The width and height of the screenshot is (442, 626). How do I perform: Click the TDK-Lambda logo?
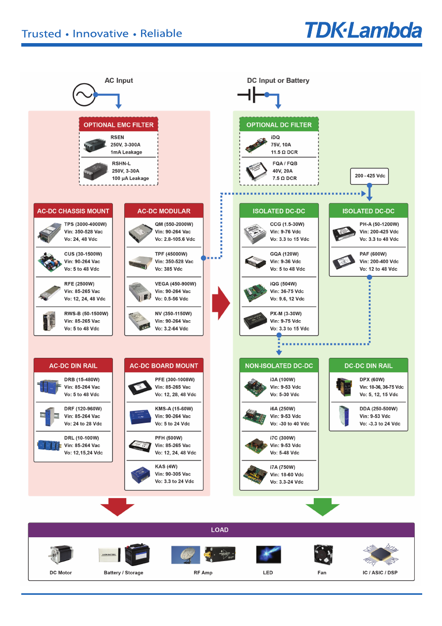coord(363,31)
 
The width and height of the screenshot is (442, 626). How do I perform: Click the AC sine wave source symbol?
coord(84,94)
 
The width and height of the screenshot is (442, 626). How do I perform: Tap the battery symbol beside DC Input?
coord(252,94)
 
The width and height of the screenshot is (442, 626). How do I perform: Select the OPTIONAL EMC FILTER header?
coord(118,124)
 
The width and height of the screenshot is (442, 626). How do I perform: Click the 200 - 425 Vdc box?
coord(370,176)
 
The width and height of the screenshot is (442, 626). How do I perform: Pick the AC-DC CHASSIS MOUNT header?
coord(73,211)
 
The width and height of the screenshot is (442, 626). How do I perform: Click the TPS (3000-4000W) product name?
coord(85,224)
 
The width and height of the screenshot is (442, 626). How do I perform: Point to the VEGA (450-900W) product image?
coord(140,291)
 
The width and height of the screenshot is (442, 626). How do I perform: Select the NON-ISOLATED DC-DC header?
coord(279,366)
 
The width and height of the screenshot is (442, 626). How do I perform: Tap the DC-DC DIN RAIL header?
coord(368,366)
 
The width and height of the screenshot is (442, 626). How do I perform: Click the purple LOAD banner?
coord(221,530)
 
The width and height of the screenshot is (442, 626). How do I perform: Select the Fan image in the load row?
coord(322,555)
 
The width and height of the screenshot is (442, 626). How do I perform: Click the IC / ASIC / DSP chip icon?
coord(380,555)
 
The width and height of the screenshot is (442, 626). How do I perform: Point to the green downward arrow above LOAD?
coord(322,507)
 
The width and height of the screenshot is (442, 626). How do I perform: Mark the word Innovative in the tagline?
coord(100,34)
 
